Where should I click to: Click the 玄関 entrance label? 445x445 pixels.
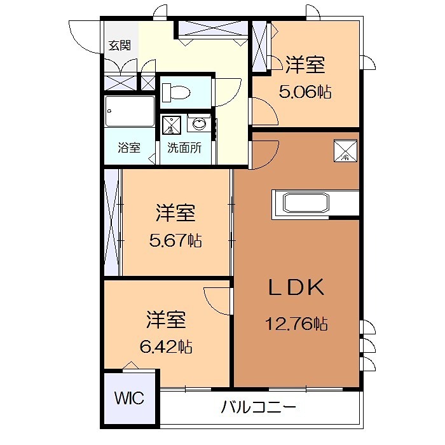[x=119, y=46]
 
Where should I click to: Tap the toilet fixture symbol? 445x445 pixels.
[x=176, y=93]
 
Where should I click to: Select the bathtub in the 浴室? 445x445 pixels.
[x=130, y=113]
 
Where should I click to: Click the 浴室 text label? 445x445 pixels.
[x=129, y=147]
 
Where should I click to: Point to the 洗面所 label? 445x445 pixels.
[x=184, y=147]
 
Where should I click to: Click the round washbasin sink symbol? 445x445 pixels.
[x=198, y=123]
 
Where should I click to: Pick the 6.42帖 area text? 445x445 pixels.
[x=167, y=346]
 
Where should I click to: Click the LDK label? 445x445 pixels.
[x=296, y=288]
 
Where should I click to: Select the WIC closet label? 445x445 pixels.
[x=129, y=399]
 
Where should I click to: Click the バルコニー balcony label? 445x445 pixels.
[x=258, y=407]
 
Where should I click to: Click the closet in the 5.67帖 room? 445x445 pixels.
[x=113, y=222]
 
